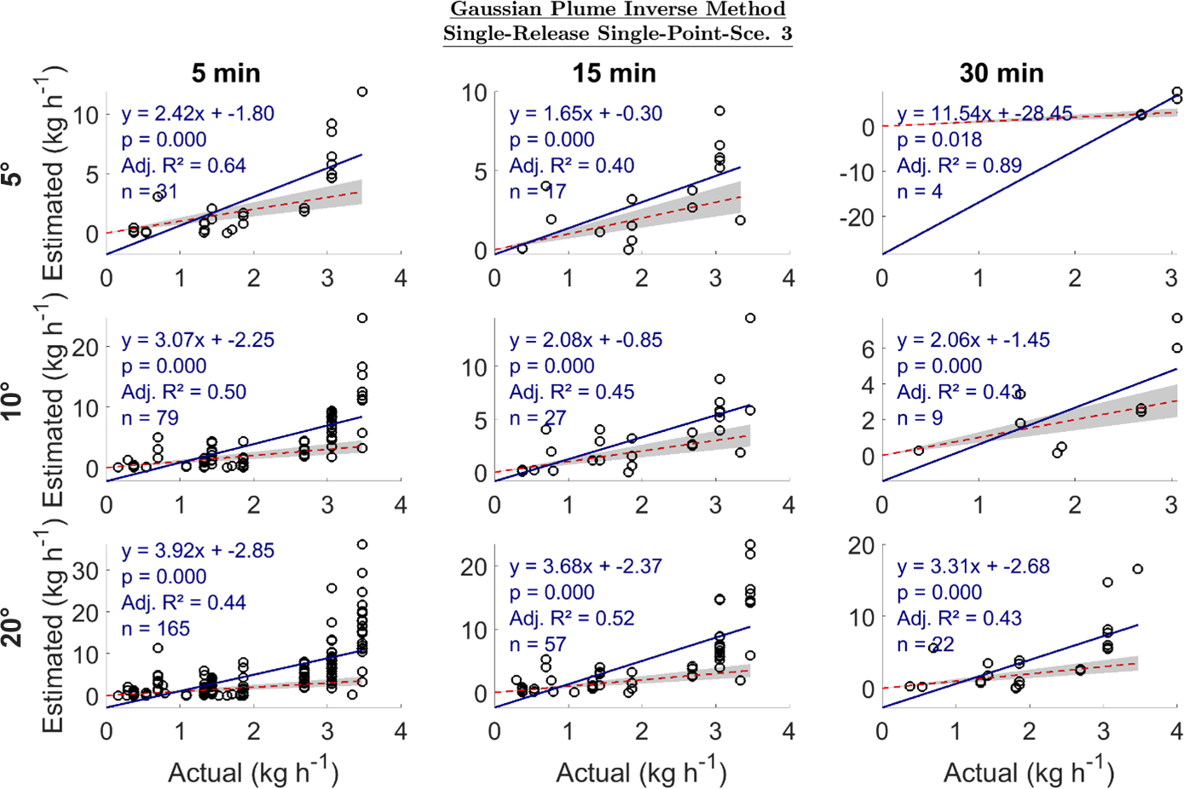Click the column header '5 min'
click(x=226, y=73)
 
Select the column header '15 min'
click(x=614, y=73)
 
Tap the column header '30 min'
click(x=1002, y=73)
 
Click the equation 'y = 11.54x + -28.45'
click(x=985, y=113)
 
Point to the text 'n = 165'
click(x=155, y=629)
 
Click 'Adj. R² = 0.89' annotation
click(x=959, y=165)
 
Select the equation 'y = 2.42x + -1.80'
click(x=198, y=113)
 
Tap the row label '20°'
click(x=13, y=627)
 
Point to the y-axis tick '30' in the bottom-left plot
click(x=85, y=571)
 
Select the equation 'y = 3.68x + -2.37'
click(x=586, y=566)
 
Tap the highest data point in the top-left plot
click(x=362, y=92)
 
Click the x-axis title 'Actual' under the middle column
click(x=592, y=773)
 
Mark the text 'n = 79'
click(x=150, y=418)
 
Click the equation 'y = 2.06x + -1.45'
click(x=973, y=340)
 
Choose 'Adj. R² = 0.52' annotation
click(x=572, y=618)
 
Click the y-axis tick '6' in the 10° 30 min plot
click(x=868, y=348)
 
